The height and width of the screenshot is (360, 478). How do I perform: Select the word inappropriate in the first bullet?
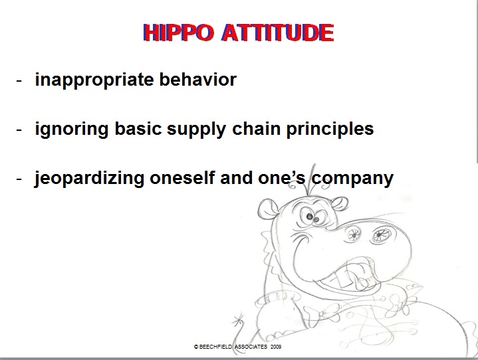pyautogui.click(x=89, y=80)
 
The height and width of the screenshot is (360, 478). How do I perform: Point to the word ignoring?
pyautogui.click(x=70, y=129)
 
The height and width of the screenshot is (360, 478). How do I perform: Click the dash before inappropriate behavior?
pyautogui.click(x=20, y=80)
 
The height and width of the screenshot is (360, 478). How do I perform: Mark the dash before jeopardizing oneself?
pyautogui.click(x=20, y=179)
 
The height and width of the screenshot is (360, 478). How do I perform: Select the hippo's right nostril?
pyautogui.click(x=384, y=233)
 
